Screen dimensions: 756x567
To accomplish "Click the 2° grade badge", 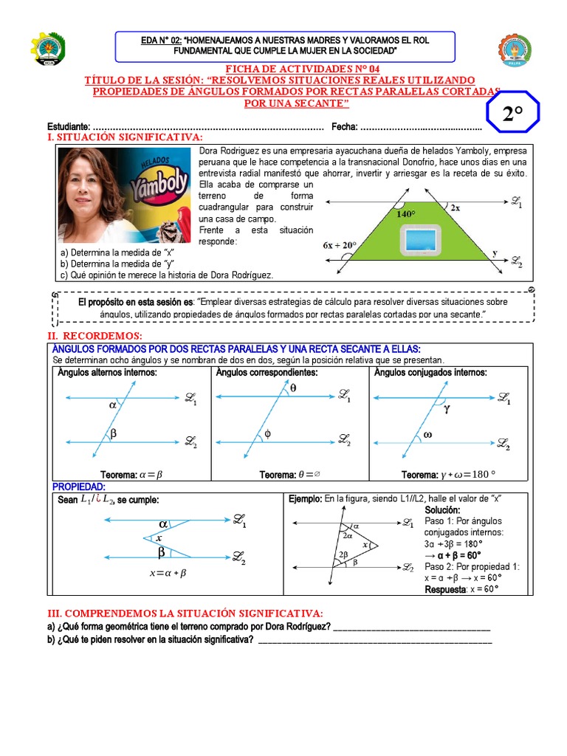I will pos(512,114).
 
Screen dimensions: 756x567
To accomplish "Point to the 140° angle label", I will pos(406,213).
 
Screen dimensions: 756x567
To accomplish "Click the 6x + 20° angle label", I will pos(340,245).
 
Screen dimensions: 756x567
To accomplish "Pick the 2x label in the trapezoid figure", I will pos(456,208).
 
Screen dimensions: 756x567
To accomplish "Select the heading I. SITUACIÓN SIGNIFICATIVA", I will pos(125,137).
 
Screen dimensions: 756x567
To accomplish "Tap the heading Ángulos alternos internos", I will pos(107,373).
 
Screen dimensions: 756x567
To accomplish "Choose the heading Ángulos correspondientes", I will pos(267,373).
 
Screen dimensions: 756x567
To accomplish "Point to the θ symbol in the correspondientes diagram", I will pos(292,386).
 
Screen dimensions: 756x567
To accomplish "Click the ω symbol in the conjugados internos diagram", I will pos(427,435).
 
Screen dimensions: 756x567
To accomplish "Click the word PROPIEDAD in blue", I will pos(79,487).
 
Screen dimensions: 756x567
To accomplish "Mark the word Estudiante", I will pos(69,126).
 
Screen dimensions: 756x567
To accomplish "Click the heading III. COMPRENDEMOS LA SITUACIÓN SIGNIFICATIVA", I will pos(185,614).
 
